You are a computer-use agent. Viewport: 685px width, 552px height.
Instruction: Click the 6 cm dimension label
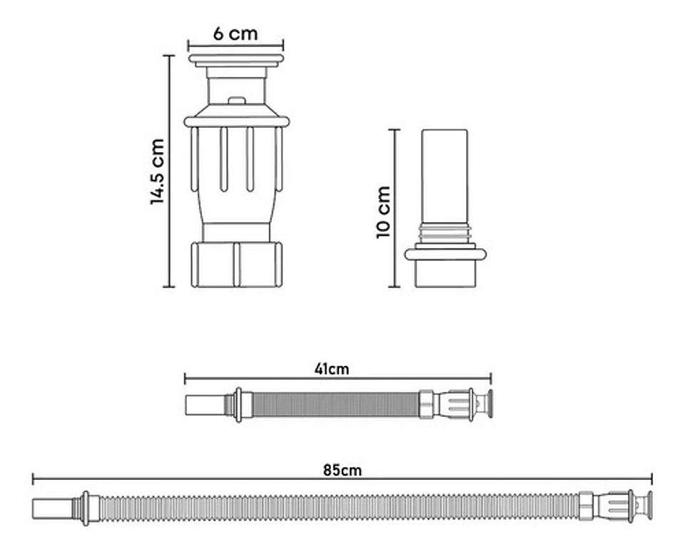point(235,34)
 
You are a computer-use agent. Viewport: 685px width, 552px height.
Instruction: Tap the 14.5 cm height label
point(157,172)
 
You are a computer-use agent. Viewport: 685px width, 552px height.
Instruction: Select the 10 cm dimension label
point(383,213)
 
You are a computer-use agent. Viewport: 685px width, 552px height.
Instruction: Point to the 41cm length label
point(332,369)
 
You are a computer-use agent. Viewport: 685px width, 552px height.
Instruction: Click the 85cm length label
point(342,470)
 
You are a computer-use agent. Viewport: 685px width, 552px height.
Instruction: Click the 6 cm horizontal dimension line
point(235,45)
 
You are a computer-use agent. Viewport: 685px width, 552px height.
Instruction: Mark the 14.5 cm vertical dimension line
point(169,171)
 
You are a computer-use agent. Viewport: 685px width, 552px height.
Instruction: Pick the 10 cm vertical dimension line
point(395,208)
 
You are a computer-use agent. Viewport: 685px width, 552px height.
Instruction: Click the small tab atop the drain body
point(236,101)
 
